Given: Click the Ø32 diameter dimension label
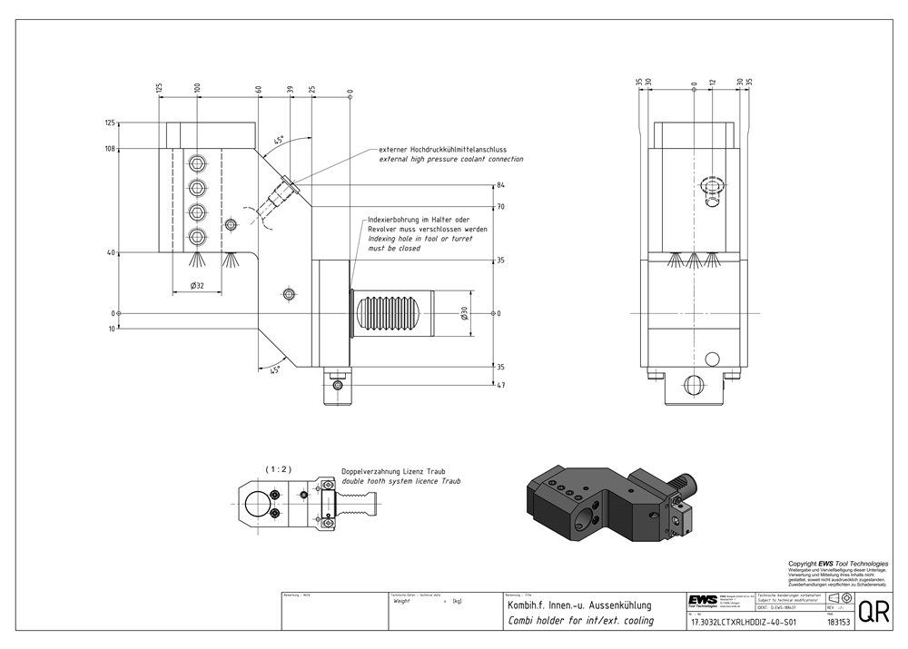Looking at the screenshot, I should click(196, 285).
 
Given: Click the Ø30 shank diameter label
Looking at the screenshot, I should click(464, 313).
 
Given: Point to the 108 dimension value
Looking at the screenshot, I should click(110, 148).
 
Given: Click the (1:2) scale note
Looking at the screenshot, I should click(278, 468).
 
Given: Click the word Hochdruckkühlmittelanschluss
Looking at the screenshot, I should click(466, 149).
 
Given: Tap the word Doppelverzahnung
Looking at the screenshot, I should click(371, 472).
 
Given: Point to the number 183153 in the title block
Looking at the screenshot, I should click(838, 623).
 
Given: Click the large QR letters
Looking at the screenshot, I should click(873, 611).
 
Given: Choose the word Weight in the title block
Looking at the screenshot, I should click(401, 601).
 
